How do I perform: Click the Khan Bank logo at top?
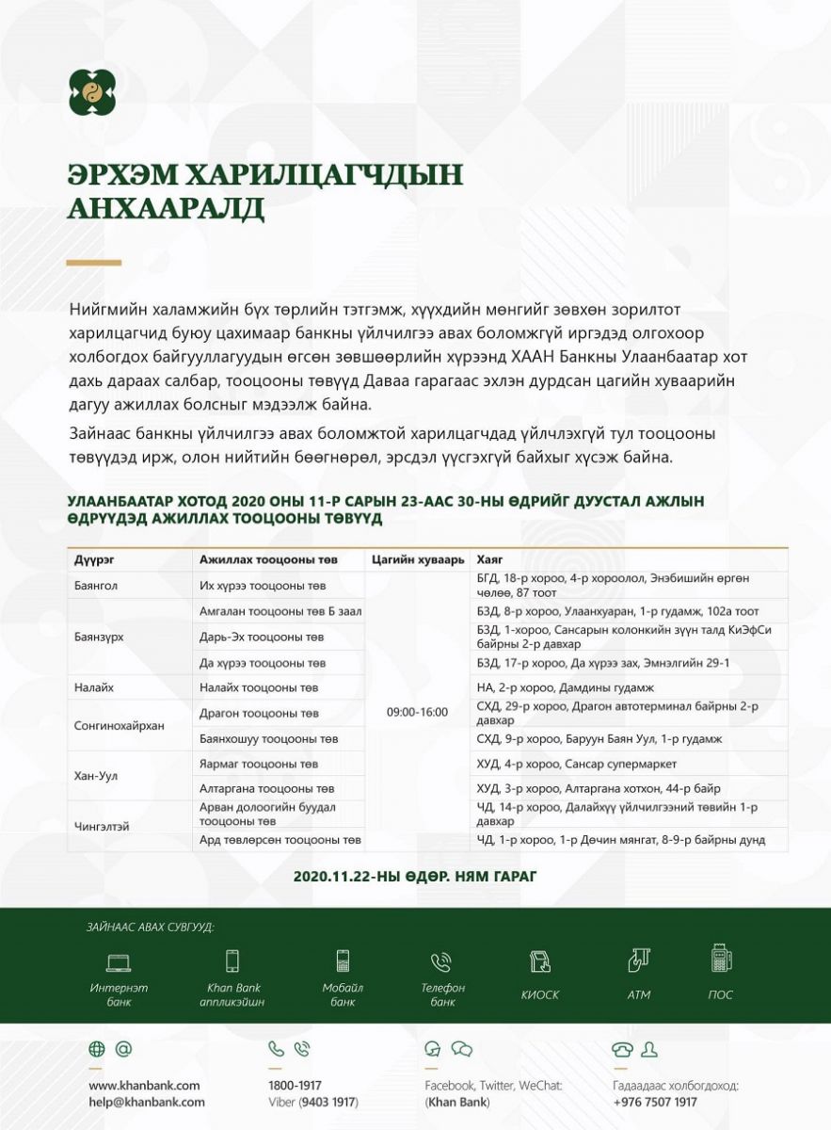(x=91, y=92)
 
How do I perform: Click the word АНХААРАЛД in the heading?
(x=166, y=208)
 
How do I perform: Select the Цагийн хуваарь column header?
(x=418, y=560)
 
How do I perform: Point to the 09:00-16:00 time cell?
(x=417, y=712)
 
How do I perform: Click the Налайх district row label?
(x=94, y=688)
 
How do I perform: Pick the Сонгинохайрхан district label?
(x=120, y=726)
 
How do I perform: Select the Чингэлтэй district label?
(x=102, y=826)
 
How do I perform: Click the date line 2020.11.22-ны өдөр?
(x=414, y=876)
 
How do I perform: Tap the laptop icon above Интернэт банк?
(x=119, y=962)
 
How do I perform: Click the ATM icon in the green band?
(x=639, y=960)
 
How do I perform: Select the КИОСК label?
(x=539, y=995)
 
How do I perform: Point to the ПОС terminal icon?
(x=721, y=959)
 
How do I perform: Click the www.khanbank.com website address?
(x=144, y=1086)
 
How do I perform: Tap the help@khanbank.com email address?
(x=147, y=1102)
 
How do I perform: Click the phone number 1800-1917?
(x=295, y=1086)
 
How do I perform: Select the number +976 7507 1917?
(x=655, y=1102)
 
